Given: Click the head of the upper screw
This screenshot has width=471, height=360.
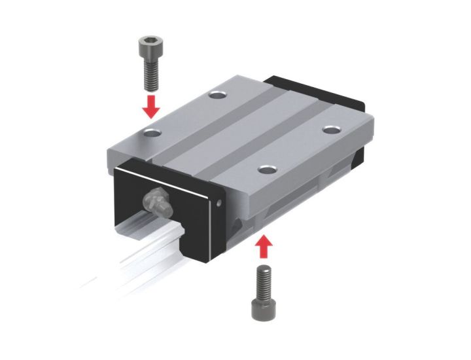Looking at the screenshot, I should pos(150,47).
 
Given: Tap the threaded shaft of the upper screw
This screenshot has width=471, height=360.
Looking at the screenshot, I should pos(150,73).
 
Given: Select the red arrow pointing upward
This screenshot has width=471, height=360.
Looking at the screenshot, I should pos(264,247).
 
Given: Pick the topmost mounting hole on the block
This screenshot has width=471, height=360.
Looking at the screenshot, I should pos(217,96).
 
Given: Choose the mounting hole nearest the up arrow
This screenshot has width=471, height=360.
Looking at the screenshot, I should pos(266,170).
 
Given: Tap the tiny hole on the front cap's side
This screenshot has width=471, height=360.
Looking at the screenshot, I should pos(219,204).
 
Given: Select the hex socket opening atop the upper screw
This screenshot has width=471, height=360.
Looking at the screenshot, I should pos(150,41).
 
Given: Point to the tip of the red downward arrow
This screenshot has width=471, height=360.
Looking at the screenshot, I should pos(151,117).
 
